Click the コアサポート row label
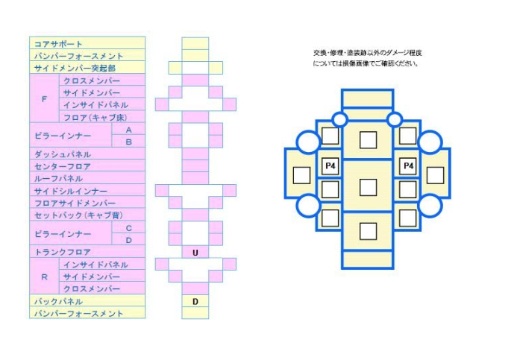87,44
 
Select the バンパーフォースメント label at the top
87,56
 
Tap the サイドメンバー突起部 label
87,68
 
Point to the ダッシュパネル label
87,154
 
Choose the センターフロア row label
87,166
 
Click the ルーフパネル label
87,179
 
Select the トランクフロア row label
87,253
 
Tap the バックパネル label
87,301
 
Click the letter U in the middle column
195,253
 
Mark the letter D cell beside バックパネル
195,301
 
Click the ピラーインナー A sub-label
128,130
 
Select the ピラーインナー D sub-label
128,240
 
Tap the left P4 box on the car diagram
329,165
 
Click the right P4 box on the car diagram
407,165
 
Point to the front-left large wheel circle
308,142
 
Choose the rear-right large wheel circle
430,205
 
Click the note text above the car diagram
368,58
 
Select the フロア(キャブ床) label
103,117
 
